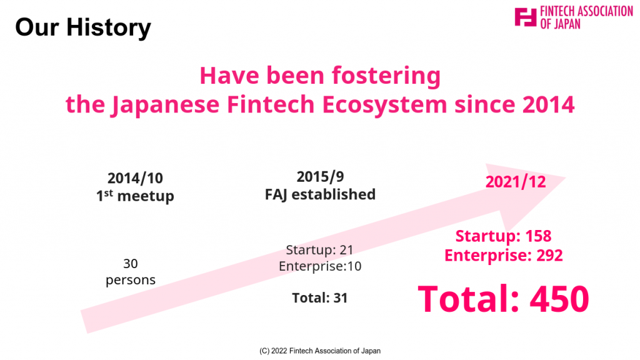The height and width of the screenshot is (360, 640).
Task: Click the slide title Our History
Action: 83,27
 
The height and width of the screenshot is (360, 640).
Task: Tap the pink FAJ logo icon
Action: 525,17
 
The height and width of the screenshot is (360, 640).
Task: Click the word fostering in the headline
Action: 386,76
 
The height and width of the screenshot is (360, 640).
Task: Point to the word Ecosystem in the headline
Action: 384,105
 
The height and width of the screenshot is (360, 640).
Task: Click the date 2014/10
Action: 135,178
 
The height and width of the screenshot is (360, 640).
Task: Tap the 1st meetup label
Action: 135,196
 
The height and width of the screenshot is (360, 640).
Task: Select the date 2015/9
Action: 321,177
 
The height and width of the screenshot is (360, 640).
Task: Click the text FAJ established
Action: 321,194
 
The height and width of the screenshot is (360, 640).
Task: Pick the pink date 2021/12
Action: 516,182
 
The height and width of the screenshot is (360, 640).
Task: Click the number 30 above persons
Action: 131,264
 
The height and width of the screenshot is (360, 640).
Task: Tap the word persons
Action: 131,281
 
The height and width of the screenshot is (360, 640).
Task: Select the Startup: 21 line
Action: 319,250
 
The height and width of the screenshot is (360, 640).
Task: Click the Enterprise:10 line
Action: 320,266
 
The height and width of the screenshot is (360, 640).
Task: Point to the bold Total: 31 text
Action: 320,298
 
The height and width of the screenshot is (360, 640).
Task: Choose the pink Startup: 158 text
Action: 503,236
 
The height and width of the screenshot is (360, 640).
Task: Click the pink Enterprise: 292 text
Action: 504,256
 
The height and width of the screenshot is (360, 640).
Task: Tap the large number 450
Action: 559,299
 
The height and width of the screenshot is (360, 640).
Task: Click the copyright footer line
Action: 320,351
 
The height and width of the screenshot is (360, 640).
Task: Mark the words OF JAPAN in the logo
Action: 561,24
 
